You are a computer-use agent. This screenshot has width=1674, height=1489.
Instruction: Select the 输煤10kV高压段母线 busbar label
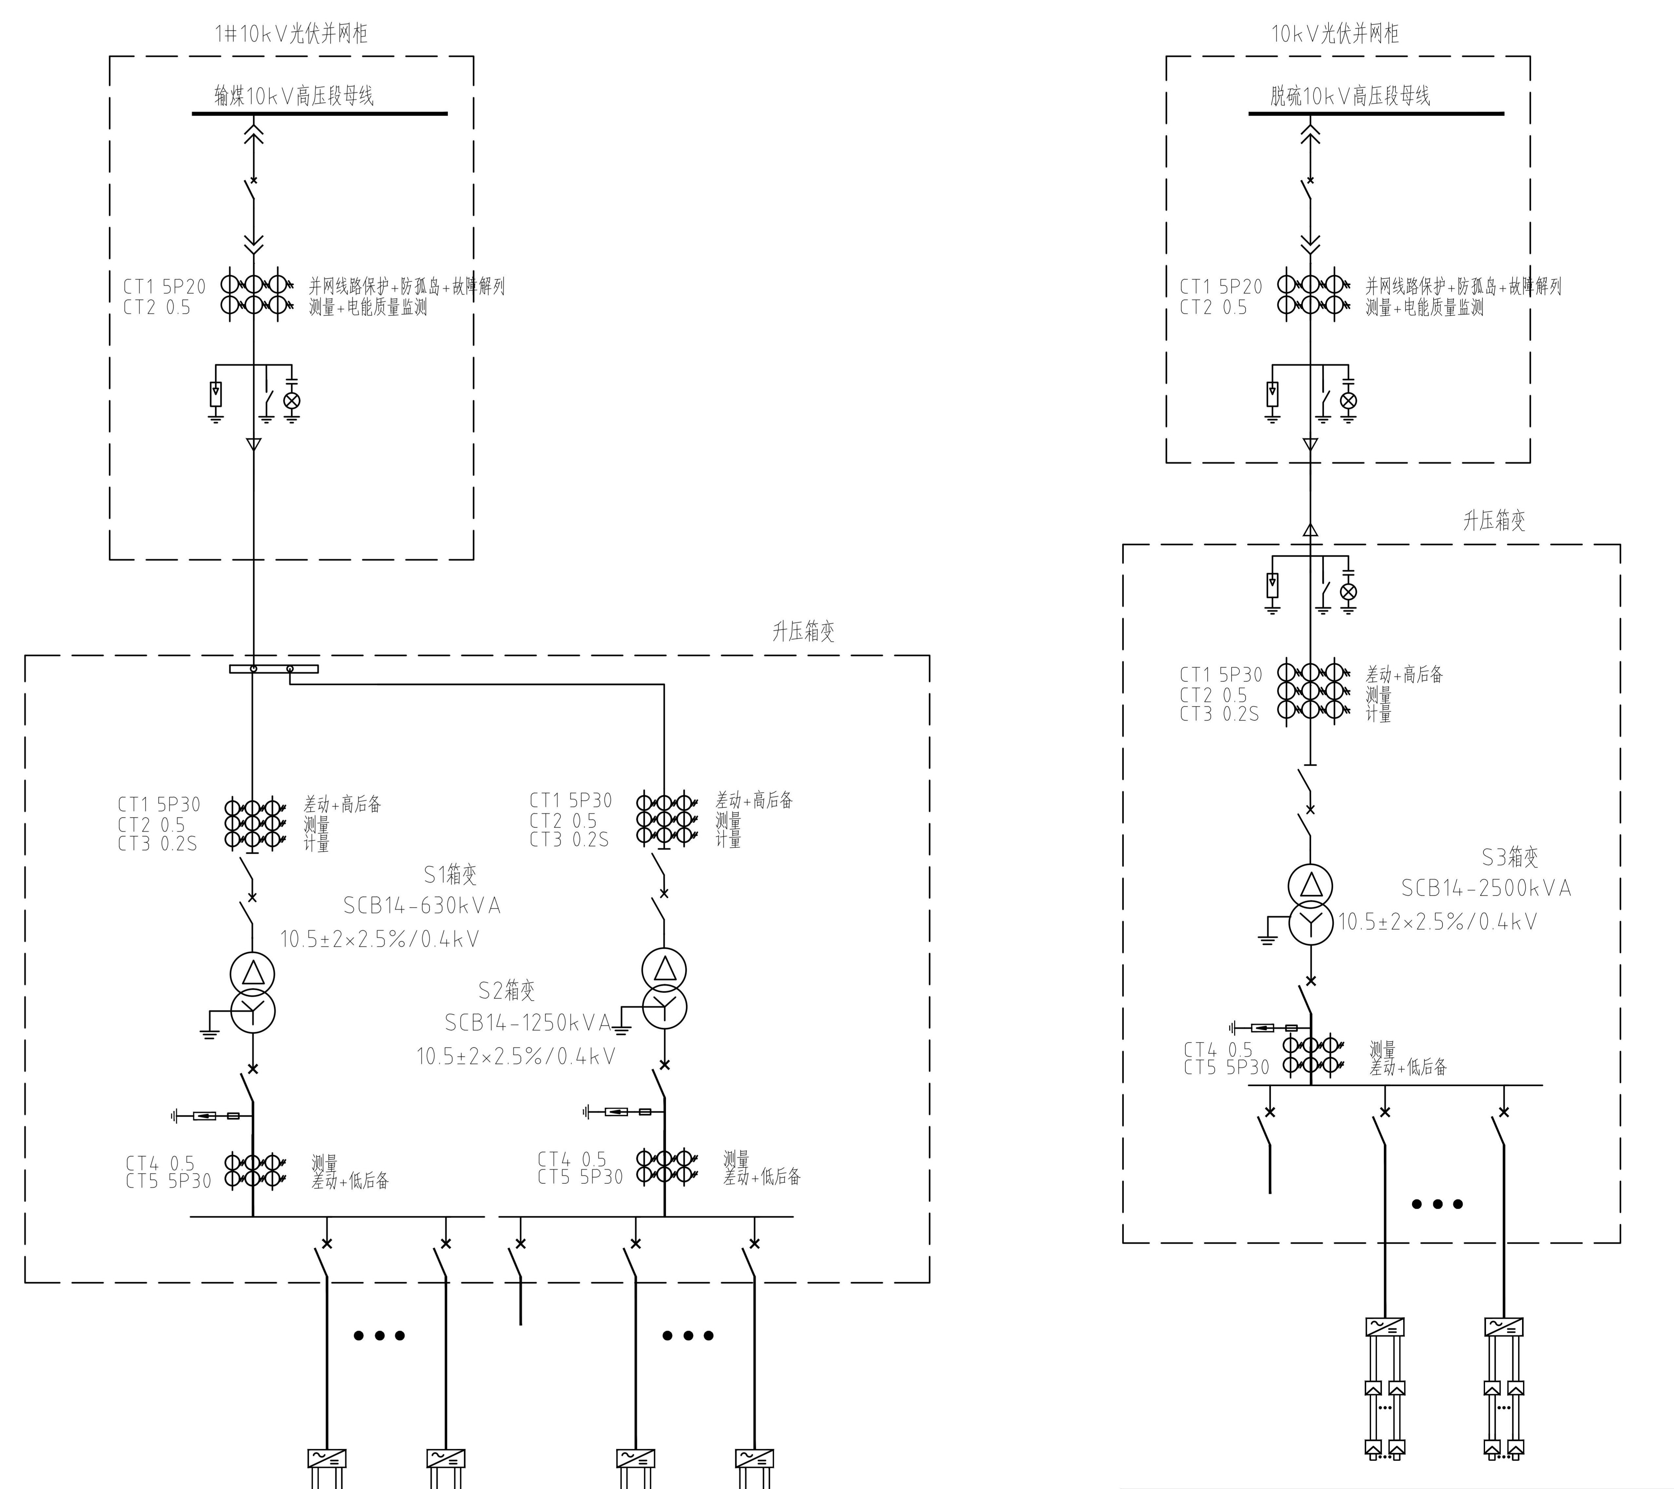coord(294,96)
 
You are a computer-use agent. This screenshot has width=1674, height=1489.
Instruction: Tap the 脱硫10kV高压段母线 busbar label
coord(1350,96)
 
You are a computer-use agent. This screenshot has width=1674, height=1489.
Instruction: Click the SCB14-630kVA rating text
coord(422,906)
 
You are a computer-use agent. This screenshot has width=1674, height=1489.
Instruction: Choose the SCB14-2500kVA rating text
coord(1486,888)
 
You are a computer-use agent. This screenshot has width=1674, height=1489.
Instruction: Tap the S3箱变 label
coord(1510,858)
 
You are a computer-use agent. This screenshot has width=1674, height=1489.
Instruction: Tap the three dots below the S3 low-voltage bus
coord(1437,1204)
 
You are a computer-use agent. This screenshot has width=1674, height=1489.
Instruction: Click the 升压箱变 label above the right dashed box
coord(1495,521)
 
